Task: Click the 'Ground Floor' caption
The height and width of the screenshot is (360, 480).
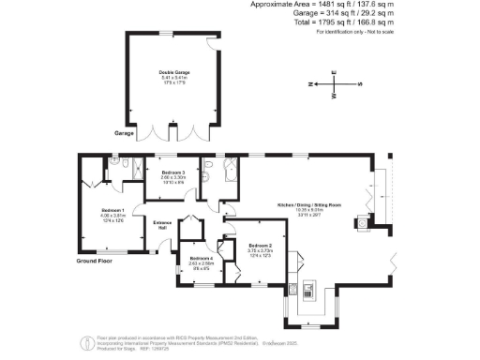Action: pyautogui.click(x=95, y=262)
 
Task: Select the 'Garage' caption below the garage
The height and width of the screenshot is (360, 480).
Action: pyautogui.click(x=125, y=133)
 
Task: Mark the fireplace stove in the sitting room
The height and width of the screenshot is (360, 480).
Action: pyautogui.click(x=360, y=223)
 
